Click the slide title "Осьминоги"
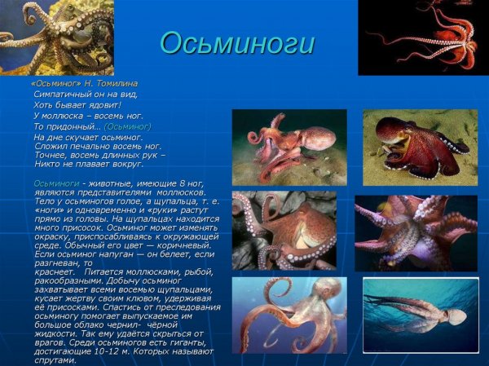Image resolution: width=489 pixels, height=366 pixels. pyautogui.click(x=236, y=43)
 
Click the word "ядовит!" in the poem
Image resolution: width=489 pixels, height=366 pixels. pyautogui.click(x=105, y=104)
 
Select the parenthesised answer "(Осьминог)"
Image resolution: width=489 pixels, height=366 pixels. pyautogui.click(x=128, y=126)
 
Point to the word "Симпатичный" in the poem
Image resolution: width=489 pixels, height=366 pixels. pyautogui.click(x=60, y=94)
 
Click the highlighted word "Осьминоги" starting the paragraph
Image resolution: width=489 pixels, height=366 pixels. pyautogui.click(x=56, y=183)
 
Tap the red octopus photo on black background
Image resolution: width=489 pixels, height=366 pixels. pyautogui.click(x=423, y=37)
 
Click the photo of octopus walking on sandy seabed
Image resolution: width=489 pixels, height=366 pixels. pyautogui.click(x=289, y=147)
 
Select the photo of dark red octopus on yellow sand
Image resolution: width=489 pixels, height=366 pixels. pyautogui.click(x=420, y=147)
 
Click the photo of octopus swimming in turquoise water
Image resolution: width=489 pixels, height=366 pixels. pyautogui.click(x=420, y=315)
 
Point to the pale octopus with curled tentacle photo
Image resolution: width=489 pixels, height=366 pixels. pyautogui.click(x=289, y=315)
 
